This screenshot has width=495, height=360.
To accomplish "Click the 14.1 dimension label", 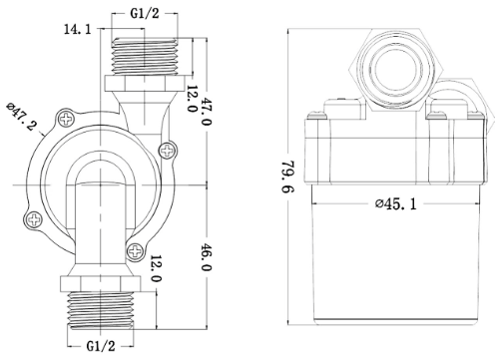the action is coord(77,29).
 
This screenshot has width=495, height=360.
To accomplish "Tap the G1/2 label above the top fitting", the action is coord(145,13).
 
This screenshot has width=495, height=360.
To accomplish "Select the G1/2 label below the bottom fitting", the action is coord(101,346).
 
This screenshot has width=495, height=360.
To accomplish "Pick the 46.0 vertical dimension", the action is coord(207,257).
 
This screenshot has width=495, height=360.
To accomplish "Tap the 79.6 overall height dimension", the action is coord(288,177).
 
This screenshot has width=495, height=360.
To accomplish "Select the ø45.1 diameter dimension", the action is coord(396,203).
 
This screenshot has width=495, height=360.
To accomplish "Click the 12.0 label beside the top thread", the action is coord(191,99).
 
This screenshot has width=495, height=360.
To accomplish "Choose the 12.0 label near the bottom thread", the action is coord(156,268).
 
